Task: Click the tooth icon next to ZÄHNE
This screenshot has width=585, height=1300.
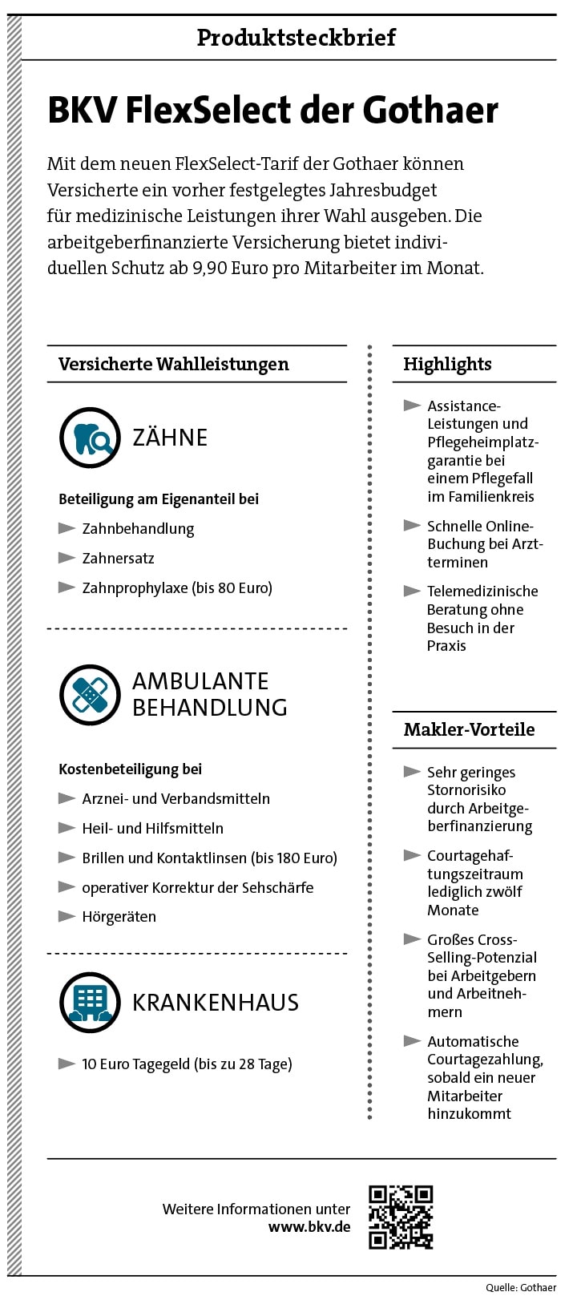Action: [90, 438]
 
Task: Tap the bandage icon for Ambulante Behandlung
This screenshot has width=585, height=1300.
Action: [90, 694]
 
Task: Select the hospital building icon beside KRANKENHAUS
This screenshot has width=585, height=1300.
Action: [90, 1002]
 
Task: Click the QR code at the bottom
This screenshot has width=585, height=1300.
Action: [401, 1217]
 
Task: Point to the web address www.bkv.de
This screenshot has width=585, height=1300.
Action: [309, 1226]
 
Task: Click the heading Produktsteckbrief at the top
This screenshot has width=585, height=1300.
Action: [296, 38]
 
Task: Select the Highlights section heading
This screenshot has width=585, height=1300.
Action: [447, 365]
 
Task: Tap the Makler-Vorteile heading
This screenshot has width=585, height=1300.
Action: [469, 730]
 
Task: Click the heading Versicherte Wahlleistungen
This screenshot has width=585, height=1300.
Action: [174, 365]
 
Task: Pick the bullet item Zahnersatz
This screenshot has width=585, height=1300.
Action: [118, 559]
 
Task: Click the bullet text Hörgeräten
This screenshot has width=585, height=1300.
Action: [119, 917]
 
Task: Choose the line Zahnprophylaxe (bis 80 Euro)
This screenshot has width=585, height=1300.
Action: [177, 588]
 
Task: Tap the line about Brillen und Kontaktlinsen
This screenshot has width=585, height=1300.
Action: [209, 858]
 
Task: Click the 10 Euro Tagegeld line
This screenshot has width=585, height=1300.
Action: [187, 1064]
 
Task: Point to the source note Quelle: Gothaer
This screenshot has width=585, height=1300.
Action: [521, 1288]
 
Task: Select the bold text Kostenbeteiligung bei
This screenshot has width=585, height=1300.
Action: [130, 769]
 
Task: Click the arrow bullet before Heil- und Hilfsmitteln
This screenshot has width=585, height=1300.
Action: [67, 828]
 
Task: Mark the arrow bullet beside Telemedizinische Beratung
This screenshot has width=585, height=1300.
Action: [412, 591]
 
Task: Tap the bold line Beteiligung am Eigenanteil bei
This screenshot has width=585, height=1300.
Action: [159, 499]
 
